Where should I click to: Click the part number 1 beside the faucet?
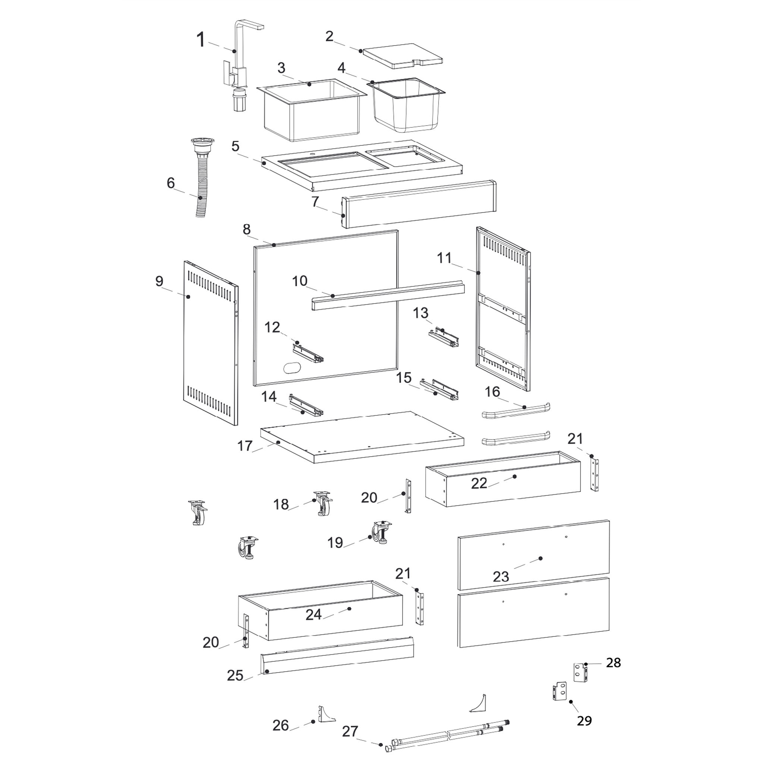pyautogui.click(x=201, y=40)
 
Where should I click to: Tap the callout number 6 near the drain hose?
pyautogui.click(x=170, y=183)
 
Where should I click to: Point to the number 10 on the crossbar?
pyautogui.click(x=299, y=281)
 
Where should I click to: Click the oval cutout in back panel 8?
pyautogui.click(x=292, y=367)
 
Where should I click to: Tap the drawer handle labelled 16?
pyautogui.click(x=516, y=410)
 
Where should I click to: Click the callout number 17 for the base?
pyautogui.click(x=245, y=446)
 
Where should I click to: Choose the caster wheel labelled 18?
pyautogui.click(x=324, y=504)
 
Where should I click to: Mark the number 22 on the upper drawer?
pyautogui.click(x=479, y=484)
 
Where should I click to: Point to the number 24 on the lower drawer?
pyautogui.click(x=314, y=614)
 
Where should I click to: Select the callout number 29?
pyautogui.click(x=584, y=721)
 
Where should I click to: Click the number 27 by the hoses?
pyautogui.click(x=350, y=732)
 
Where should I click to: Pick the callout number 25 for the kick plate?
pyautogui.click(x=235, y=676)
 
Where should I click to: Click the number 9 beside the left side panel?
pyautogui.click(x=159, y=281)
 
